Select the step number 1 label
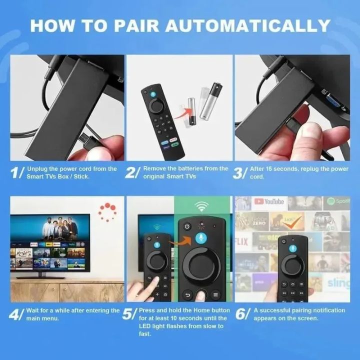coord(16,173)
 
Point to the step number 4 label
coord(16,314)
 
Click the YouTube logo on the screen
coord(269,202)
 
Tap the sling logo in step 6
coord(339,283)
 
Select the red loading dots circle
coord(107,211)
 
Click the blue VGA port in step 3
coord(331,100)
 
